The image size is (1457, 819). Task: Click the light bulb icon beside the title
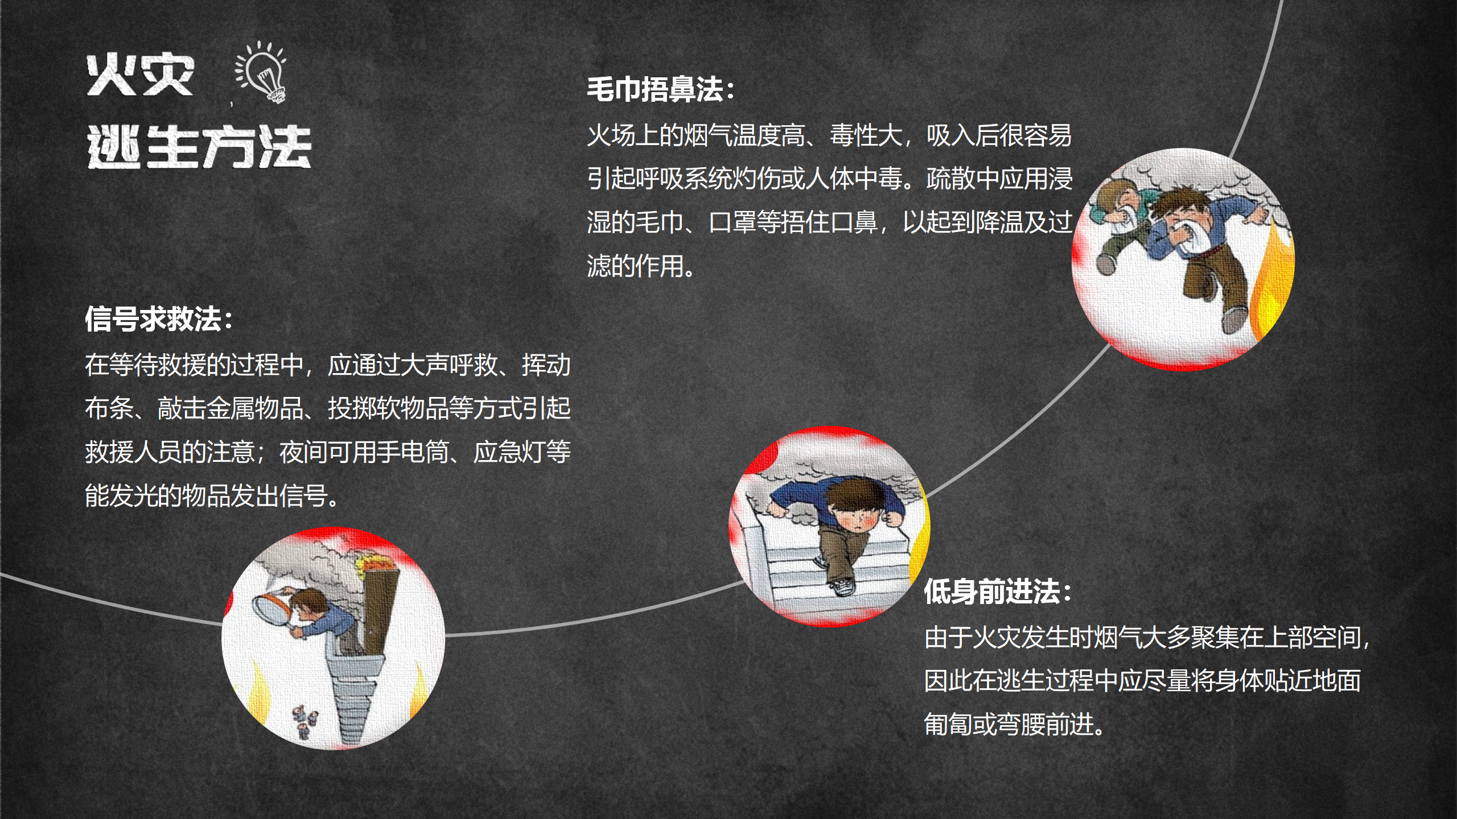[262, 72]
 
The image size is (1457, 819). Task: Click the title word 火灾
[141, 76]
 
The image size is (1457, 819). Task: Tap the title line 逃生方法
[199, 147]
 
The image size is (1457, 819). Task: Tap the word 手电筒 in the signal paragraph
[413, 452]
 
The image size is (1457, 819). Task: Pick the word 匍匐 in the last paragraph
[948, 725]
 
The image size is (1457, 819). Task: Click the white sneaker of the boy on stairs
[842, 586]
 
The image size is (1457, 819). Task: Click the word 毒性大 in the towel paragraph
[866, 135]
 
